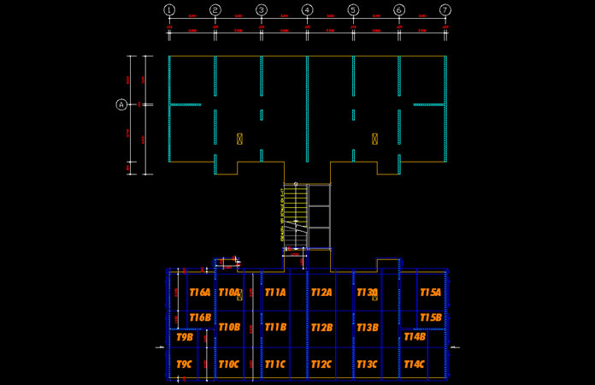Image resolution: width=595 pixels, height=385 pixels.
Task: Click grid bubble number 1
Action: [x=169, y=10]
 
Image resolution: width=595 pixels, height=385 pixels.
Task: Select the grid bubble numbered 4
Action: [x=307, y=10]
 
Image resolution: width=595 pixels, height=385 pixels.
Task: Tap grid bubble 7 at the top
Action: [x=445, y=10]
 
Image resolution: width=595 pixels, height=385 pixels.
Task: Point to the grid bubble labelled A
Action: [x=121, y=104]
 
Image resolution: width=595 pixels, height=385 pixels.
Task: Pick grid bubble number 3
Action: [x=261, y=10]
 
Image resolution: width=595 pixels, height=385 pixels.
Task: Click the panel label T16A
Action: [x=199, y=293]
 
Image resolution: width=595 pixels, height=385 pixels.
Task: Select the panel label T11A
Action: [x=275, y=293]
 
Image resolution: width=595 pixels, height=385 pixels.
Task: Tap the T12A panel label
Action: [x=321, y=293]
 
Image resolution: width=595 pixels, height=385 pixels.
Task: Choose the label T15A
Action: [x=430, y=293]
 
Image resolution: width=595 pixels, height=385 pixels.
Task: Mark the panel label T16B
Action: [x=199, y=317]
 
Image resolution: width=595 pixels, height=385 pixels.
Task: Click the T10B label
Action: [x=229, y=327]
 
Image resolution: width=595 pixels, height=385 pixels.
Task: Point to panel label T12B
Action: [x=321, y=327]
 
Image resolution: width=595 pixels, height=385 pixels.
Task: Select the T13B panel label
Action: [x=368, y=327]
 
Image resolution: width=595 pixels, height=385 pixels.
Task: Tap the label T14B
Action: [x=414, y=336]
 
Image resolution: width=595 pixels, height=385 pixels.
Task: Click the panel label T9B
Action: [x=185, y=336]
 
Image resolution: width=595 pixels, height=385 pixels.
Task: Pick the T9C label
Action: [x=185, y=364]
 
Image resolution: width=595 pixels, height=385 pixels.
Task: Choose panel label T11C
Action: [x=275, y=364]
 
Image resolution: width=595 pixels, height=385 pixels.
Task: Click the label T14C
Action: [x=414, y=364]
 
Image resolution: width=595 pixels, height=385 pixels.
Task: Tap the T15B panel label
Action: [x=430, y=317]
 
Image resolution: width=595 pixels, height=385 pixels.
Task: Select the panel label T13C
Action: [x=368, y=364]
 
